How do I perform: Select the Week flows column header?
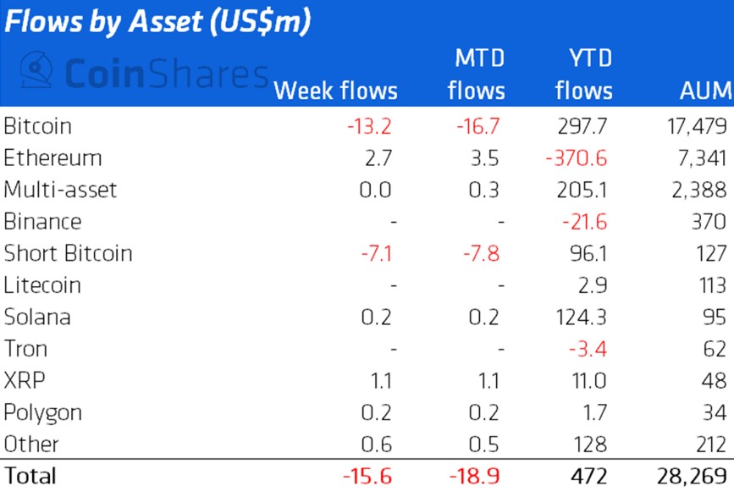(x=335, y=90)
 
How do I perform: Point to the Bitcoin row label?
(x=37, y=126)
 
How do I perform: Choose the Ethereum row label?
(x=52, y=157)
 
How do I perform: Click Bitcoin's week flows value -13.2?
(x=369, y=126)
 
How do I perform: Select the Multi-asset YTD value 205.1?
(x=585, y=190)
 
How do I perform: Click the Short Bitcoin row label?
(x=68, y=253)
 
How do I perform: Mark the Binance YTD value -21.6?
(x=585, y=222)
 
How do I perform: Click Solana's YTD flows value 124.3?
(x=585, y=317)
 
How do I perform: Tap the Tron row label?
(x=25, y=348)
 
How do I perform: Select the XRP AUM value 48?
(x=714, y=380)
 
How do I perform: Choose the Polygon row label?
(x=42, y=412)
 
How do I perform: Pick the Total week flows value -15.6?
(x=367, y=475)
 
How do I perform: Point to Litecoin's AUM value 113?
(x=709, y=284)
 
